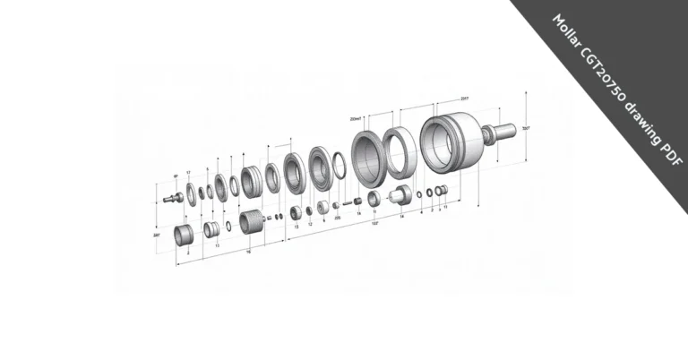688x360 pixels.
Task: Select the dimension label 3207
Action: [x=526, y=129]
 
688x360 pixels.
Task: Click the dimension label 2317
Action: [x=464, y=99]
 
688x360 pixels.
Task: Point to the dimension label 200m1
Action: [x=356, y=117]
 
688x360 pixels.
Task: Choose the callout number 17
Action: [x=188, y=172]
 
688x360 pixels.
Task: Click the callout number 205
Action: [x=337, y=217]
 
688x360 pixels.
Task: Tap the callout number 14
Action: [x=401, y=216]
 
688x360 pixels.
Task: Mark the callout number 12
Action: [x=310, y=223]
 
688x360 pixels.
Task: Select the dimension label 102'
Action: [x=374, y=225]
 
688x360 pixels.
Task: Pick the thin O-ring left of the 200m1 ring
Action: [x=339, y=165]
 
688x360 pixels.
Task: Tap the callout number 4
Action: [x=421, y=212]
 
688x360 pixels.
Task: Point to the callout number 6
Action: [x=322, y=219]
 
